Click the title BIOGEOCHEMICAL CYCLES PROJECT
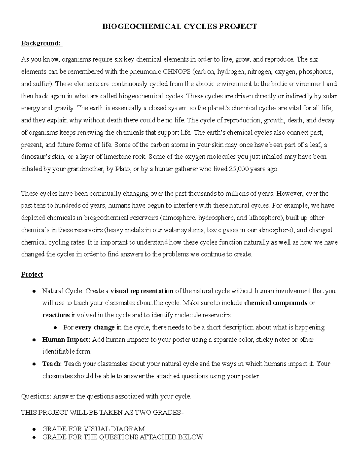180,26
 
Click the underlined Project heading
32,275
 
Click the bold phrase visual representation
142,291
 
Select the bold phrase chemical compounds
276,303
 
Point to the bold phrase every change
95,327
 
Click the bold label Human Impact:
66,340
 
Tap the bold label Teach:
52,364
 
